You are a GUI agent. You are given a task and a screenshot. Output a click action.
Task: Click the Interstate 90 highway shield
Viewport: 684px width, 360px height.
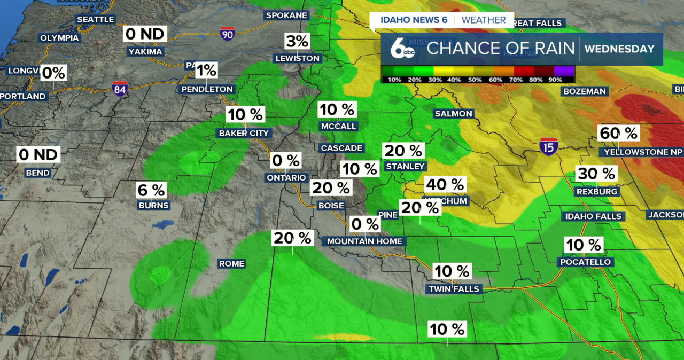point(227,34)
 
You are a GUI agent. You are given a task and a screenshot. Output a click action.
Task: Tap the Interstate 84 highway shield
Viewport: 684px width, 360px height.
point(120,89)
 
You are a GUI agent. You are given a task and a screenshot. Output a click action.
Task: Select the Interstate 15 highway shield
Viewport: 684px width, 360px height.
point(549,146)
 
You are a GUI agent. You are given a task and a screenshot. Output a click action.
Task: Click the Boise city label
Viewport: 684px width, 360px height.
point(331,205)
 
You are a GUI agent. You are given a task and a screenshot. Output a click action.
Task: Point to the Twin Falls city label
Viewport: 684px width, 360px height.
point(454,289)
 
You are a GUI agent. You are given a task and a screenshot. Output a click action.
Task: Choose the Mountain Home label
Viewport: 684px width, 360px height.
point(364,241)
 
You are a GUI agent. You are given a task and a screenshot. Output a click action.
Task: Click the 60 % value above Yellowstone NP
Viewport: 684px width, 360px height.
point(619,133)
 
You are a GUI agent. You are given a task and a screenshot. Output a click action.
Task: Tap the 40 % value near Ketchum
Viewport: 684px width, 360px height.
point(445,185)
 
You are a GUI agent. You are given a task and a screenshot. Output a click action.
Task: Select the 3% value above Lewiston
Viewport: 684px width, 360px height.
point(297,41)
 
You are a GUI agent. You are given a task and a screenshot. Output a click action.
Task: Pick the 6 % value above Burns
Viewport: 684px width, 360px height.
point(151,190)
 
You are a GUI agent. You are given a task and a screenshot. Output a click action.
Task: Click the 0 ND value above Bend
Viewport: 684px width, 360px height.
point(38,155)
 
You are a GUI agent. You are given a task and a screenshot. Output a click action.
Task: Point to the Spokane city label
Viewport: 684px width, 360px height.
point(287,15)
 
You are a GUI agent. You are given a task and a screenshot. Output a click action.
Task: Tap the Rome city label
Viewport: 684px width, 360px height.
point(231,263)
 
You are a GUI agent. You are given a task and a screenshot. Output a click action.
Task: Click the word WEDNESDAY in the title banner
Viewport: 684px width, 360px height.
point(619,49)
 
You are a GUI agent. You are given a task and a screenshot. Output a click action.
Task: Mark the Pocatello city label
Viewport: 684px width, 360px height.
point(585,262)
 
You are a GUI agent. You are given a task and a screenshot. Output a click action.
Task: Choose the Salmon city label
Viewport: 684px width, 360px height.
point(454,113)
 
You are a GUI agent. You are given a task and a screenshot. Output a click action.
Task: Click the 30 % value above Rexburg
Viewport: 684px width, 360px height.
point(596,174)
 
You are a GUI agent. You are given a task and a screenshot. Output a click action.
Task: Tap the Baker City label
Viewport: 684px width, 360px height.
point(244,133)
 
